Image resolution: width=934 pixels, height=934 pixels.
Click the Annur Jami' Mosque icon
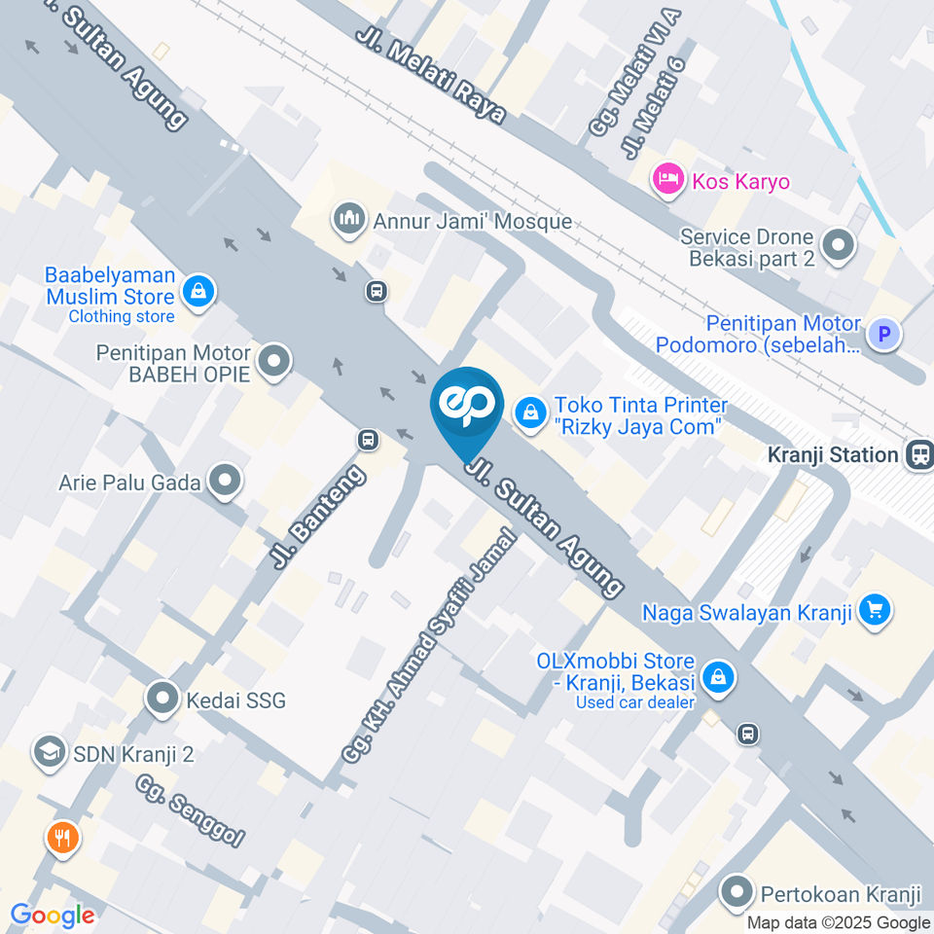(x=349, y=219)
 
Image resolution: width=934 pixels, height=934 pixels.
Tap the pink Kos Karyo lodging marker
(x=666, y=180)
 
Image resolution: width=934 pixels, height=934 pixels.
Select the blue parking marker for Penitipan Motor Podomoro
(x=884, y=335)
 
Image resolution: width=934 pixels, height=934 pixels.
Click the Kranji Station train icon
(x=917, y=453)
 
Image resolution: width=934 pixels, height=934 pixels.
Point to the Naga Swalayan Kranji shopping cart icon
(x=875, y=611)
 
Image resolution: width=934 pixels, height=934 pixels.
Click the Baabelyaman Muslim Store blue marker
(x=198, y=290)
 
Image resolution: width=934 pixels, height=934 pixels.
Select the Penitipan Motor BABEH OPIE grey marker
(x=274, y=362)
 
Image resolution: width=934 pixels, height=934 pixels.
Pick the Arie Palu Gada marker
(x=226, y=481)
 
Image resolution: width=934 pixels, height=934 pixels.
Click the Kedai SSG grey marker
(x=162, y=698)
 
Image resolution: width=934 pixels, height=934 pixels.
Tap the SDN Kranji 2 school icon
(x=45, y=751)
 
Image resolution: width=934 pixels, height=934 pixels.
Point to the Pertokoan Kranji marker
(x=738, y=890)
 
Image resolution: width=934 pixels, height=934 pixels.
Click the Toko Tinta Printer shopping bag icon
(x=530, y=413)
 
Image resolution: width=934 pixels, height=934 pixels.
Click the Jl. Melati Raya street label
(x=431, y=74)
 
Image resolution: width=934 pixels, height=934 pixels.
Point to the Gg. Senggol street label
(x=191, y=809)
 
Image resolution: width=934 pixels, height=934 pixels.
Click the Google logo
(x=53, y=916)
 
